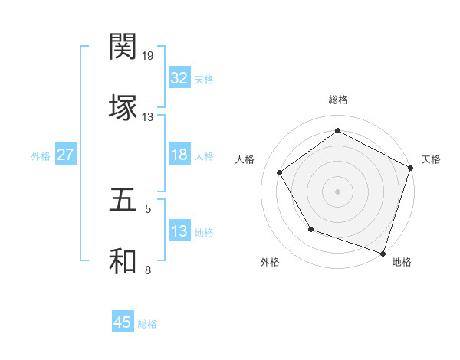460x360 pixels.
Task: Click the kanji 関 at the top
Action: (x=123, y=47)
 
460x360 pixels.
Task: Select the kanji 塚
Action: (x=123, y=106)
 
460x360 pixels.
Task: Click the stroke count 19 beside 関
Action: (x=149, y=56)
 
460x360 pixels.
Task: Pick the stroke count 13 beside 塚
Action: (x=147, y=116)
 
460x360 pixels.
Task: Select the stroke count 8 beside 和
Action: (x=148, y=270)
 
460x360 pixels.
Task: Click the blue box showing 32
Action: (x=179, y=78)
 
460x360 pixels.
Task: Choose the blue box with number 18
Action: (x=179, y=155)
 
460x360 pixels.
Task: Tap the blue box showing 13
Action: (x=179, y=231)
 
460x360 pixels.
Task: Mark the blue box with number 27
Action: (x=66, y=155)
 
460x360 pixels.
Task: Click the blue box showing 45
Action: (x=123, y=322)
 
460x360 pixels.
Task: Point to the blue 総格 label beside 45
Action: (x=147, y=324)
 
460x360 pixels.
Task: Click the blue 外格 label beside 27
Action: (x=41, y=155)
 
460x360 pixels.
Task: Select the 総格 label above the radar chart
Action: (x=337, y=100)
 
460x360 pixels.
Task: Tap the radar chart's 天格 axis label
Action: (x=431, y=159)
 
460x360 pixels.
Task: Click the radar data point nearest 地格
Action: (x=383, y=252)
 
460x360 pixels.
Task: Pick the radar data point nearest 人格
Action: (x=280, y=172)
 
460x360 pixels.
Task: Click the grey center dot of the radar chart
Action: (x=337, y=191)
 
